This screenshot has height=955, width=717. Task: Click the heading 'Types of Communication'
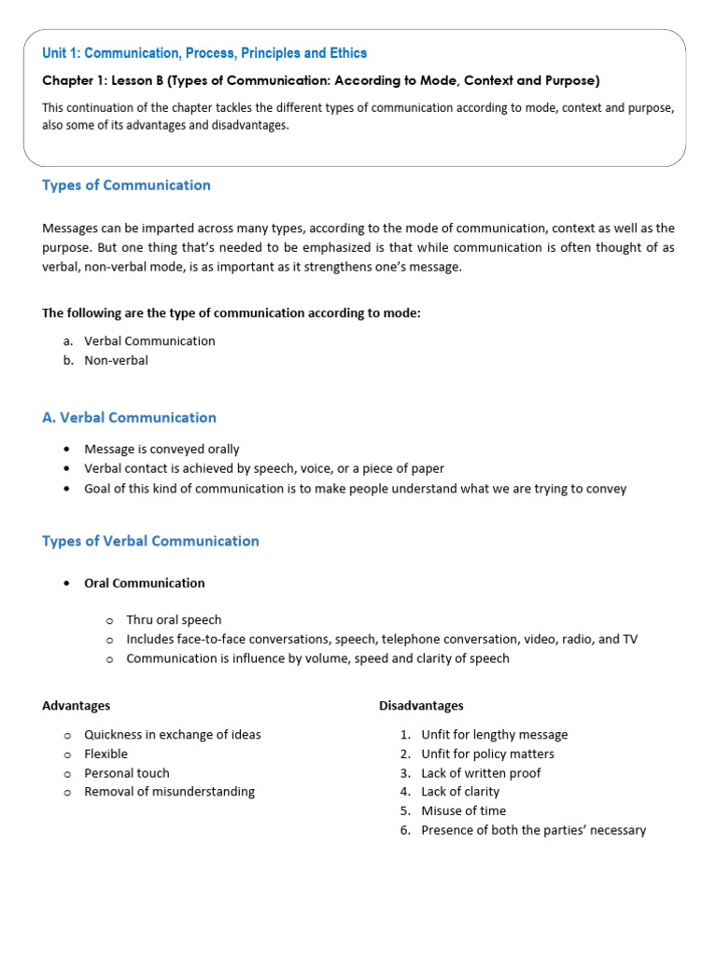point(126,185)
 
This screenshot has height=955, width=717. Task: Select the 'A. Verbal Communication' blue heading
point(129,418)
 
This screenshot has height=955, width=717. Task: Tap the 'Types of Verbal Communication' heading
point(150,541)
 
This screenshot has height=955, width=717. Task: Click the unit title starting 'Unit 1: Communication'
point(204,53)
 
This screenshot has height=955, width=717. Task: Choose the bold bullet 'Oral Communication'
point(144,583)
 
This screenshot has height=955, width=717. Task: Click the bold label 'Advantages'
point(76,705)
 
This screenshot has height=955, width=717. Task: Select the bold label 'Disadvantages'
point(421,705)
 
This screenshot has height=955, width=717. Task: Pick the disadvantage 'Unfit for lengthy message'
point(494,735)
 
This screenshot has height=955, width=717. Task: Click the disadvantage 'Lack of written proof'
point(481,773)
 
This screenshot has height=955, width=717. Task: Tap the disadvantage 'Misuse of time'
point(463,810)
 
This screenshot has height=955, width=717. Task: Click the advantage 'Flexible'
point(105,754)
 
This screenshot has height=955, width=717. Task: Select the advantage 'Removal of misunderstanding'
point(169,792)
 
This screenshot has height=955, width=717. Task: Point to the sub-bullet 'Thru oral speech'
point(174,620)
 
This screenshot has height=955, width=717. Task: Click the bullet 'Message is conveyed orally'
point(162,450)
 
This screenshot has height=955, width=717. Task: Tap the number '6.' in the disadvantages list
point(405,830)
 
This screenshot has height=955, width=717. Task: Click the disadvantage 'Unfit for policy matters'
point(487,754)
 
